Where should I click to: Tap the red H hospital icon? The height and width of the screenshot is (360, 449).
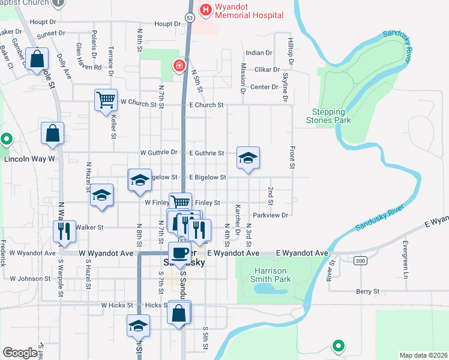[x=206, y=10]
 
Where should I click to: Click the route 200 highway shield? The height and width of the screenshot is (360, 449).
[x=360, y=260]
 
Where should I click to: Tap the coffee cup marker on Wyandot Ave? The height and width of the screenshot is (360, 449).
[x=179, y=253]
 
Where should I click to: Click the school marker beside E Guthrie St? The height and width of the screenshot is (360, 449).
[x=248, y=157]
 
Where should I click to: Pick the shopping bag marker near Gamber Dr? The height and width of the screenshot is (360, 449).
[x=37, y=59]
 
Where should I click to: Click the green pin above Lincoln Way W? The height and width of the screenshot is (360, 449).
[x=7, y=140]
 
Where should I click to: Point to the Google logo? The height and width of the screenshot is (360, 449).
[x=20, y=353]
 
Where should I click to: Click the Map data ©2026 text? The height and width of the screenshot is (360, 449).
[x=423, y=355]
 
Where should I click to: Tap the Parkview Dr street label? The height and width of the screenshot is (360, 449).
[x=271, y=214]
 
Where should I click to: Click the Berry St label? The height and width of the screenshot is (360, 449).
[x=367, y=291]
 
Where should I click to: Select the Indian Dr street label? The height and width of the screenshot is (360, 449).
[x=259, y=53]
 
